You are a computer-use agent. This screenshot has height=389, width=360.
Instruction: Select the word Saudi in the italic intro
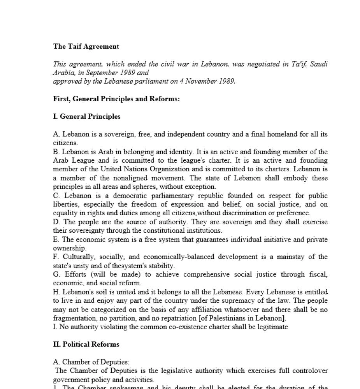319,64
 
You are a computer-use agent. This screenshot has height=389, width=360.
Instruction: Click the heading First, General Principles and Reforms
116,99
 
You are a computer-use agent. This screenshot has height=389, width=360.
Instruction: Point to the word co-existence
175,327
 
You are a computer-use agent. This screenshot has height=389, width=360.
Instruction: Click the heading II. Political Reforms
86,344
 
